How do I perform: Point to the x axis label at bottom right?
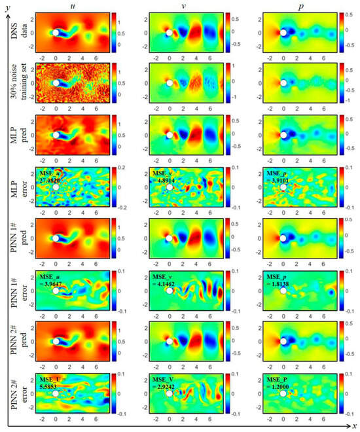353,426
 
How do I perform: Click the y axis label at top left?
5,5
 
